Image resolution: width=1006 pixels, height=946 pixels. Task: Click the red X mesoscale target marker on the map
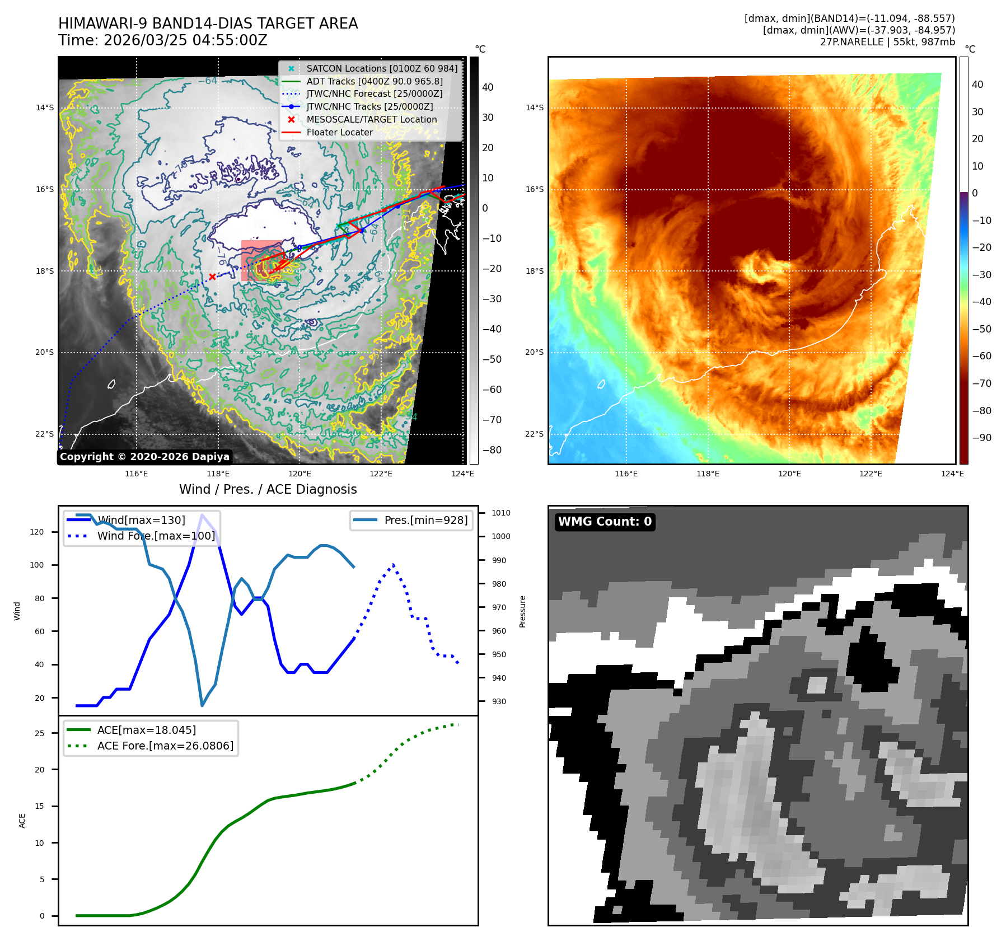coord(212,277)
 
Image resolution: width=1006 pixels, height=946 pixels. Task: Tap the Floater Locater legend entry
coord(339,132)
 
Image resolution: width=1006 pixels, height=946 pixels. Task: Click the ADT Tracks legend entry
coord(374,81)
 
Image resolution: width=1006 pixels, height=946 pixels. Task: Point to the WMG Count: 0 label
coord(605,522)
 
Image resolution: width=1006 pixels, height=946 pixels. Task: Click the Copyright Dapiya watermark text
coord(144,457)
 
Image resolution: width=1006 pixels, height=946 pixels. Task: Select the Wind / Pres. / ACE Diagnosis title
coord(268,489)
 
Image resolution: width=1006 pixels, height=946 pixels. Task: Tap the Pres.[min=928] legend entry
coord(425,520)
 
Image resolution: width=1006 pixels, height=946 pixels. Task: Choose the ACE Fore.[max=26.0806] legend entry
coord(165,746)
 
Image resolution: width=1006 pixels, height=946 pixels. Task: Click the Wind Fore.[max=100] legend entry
coord(156,536)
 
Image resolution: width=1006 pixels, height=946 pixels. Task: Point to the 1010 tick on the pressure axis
coord(500,513)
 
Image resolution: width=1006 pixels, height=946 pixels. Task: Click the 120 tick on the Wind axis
coord(37,532)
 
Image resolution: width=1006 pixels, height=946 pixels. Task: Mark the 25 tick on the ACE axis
coord(40,733)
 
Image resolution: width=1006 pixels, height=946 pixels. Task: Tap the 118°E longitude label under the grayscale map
coord(218,474)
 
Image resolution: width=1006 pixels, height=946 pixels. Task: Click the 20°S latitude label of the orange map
coord(534,352)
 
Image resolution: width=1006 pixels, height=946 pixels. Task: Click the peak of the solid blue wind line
coord(202,515)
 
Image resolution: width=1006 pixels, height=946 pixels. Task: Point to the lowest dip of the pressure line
coord(202,705)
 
